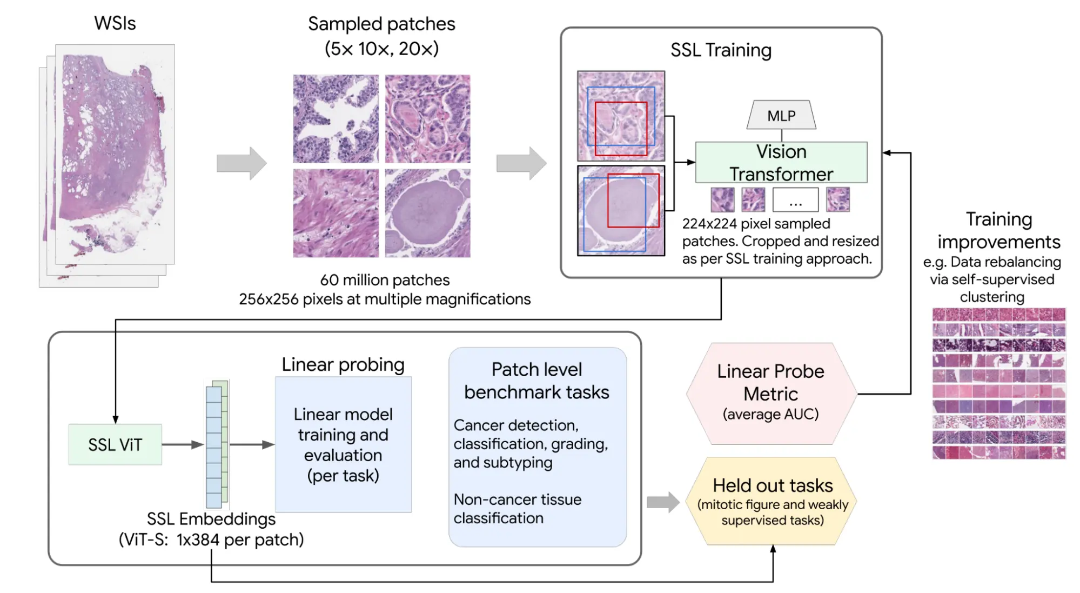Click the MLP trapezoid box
[781, 115]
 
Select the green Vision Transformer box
[781, 162]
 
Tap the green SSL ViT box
[115, 444]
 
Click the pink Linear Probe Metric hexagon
[771, 393]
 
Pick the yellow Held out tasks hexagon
[772, 501]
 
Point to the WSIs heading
[115, 23]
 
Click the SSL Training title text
[721, 50]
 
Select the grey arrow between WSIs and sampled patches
[242, 163]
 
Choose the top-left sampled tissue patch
[336, 118]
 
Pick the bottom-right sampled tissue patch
[427, 213]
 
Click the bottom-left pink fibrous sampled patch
[336, 213]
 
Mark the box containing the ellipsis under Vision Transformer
[795, 200]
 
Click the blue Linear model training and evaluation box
[343, 444]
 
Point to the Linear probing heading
[343, 365]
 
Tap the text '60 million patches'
[385, 280]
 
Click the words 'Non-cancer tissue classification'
[517, 509]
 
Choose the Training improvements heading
[998, 230]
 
